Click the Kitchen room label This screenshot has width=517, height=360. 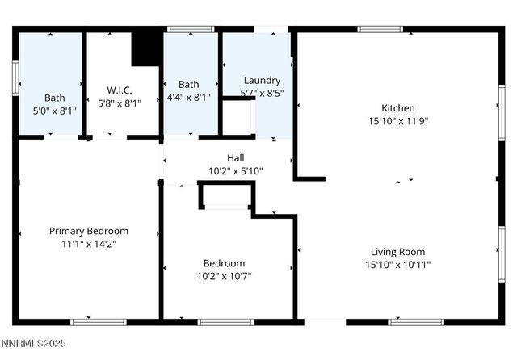coord(398,108)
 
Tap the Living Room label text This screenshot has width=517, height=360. coord(397,252)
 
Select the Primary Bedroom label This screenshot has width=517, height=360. coord(89,231)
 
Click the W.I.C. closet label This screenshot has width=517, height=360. coord(120,90)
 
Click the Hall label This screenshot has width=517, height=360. coord(235,158)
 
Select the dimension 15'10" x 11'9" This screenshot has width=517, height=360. coord(398,121)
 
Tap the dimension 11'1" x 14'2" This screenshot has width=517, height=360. coord(89,244)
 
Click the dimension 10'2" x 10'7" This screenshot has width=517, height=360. coord(224,276)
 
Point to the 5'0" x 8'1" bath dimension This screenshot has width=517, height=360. coord(55,111)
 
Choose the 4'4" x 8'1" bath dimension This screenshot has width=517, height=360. coord(188,97)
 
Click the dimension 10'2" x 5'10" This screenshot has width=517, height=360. coord(235,171)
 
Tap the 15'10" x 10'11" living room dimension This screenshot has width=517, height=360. coord(397,265)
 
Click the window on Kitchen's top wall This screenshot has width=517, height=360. coord(380,30)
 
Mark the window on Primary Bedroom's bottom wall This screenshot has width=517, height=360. coord(99,322)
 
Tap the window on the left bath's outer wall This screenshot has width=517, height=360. coord(15,78)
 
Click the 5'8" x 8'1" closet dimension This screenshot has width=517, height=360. coord(120,103)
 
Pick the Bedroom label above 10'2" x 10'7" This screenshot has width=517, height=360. coord(224,263)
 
